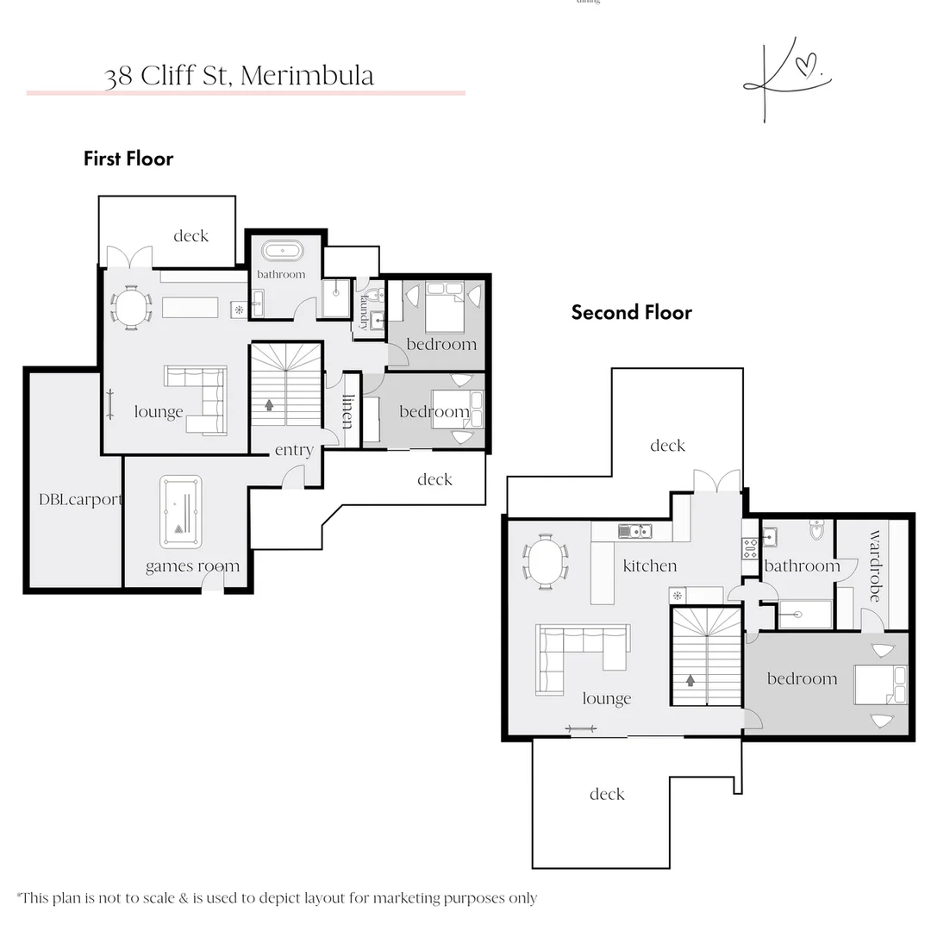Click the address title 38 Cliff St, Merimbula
point(239,76)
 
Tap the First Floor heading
point(128,159)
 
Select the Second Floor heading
point(631,312)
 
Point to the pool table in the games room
point(180,512)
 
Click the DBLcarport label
point(80,499)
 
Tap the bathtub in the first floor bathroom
point(282,252)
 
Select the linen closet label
point(348,411)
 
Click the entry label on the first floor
point(294,450)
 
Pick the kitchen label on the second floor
point(650,565)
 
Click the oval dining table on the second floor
point(547,562)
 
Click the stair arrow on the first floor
point(270,403)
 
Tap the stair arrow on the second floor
point(690,680)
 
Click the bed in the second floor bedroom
point(880,684)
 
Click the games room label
point(192,566)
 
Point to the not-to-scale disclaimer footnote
point(277,898)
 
